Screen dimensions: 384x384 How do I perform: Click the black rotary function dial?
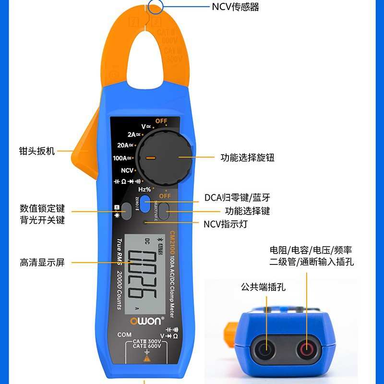click(164, 157)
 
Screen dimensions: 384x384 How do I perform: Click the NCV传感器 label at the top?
click(235, 7)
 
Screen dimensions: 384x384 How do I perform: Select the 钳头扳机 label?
click(37, 151)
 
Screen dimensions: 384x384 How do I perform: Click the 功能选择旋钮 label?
click(247, 157)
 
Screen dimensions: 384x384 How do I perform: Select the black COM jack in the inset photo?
click(264, 349)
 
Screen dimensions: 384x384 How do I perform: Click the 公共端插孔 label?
click(263, 287)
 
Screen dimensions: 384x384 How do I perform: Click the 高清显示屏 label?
click(42, 262)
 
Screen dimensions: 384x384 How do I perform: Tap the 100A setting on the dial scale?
click(123, 157)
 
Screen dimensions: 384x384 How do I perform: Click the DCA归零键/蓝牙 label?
click(237, 197)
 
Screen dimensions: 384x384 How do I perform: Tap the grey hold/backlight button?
click(126, 211)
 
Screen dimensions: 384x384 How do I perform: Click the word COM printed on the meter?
click(124, 335)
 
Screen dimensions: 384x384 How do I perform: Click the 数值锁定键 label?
click(42, 209)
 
